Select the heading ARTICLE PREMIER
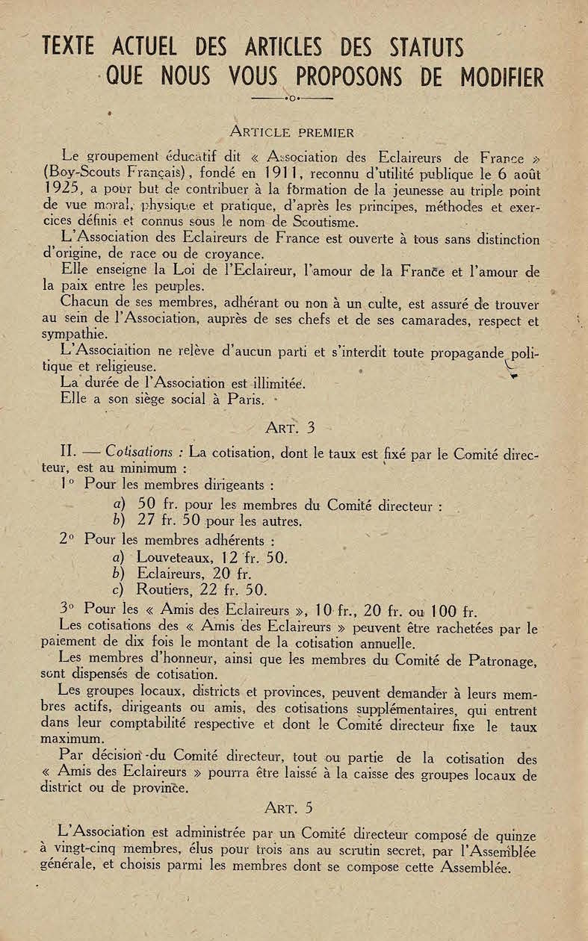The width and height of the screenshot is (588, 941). point(291,133)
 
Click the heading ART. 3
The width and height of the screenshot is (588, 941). point(291,428)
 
